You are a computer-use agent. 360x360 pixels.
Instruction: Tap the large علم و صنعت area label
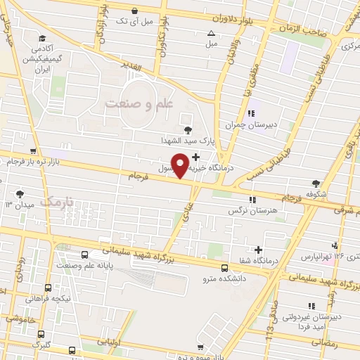point(139,103)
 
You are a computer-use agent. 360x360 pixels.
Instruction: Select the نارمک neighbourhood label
point(57,202)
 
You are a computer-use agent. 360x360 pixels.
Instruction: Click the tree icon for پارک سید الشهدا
point(188,129)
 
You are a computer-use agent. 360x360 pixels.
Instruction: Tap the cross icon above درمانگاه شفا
point(259,250)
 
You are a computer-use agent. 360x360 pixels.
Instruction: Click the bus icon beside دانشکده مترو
point(224,267)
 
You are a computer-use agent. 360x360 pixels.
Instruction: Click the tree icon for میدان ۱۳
point(19,193)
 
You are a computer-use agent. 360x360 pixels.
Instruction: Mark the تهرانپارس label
point(316,257)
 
